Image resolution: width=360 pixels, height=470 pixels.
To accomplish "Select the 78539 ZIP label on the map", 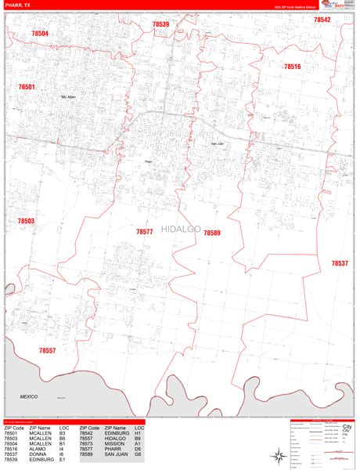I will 160,25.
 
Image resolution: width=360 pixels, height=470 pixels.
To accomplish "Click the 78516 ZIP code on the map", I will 292,67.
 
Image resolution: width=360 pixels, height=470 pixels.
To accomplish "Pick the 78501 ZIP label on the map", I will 27,87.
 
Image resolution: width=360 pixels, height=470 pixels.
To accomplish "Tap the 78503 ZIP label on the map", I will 26,222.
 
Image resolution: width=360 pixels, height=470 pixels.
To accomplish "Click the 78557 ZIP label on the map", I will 47,350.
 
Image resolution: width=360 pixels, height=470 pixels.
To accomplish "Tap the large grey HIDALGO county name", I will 181,229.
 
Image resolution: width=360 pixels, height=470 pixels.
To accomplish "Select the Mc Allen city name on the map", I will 68,97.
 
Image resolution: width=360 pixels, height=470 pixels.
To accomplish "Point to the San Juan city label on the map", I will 218,143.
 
